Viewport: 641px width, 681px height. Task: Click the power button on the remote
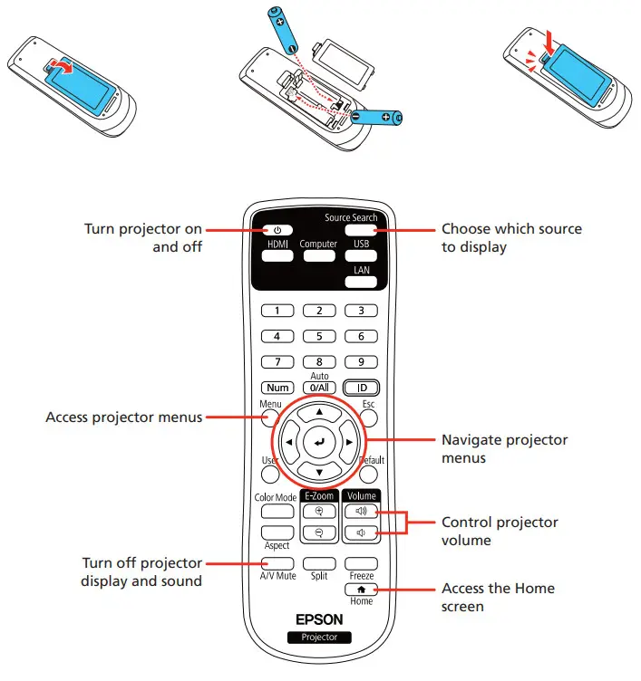276,230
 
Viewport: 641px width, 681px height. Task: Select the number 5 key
318,336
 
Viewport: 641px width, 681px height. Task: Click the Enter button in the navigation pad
318,443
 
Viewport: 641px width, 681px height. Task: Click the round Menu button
269,418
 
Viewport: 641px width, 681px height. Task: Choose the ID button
361,387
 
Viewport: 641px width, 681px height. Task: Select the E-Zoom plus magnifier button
318,510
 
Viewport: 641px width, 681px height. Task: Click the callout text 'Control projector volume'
499,532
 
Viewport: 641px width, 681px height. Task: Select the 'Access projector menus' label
124,417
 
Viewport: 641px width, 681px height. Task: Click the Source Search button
361,230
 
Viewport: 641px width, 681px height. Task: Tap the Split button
318,562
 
